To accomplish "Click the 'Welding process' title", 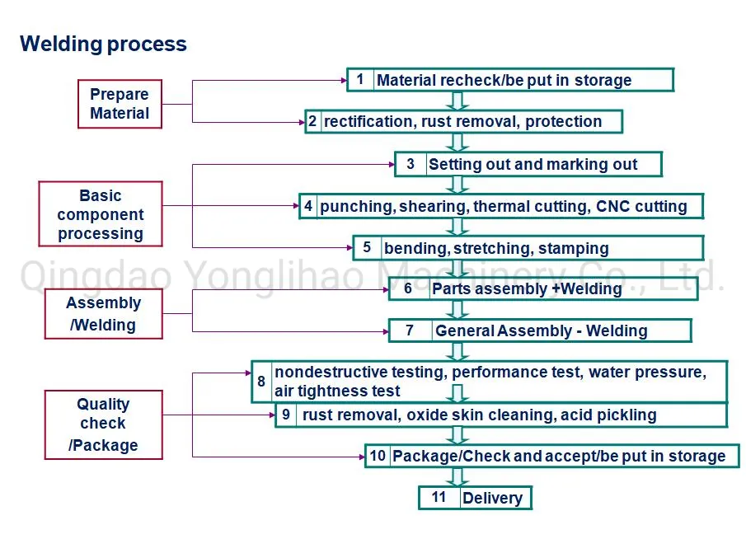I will (103, 44).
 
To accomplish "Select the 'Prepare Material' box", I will (120, 104).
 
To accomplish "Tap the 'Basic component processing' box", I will (101, 214).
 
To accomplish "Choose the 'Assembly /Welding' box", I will (103, 313).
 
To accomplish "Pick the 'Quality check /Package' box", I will (103, 424).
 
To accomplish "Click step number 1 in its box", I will (360, 79).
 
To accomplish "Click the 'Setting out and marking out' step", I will (533, 164).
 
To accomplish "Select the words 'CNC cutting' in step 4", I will (641, 206).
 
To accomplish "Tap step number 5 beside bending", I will (367, 247).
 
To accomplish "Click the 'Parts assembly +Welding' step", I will (527, 288).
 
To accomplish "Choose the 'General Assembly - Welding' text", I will (541, 330).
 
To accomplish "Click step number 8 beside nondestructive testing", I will (261, 382).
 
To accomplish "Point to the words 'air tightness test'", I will (337, 391).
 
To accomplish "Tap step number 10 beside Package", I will (378, 455).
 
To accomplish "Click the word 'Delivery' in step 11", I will (492, 498).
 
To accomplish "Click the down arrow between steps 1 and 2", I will (458, 101).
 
